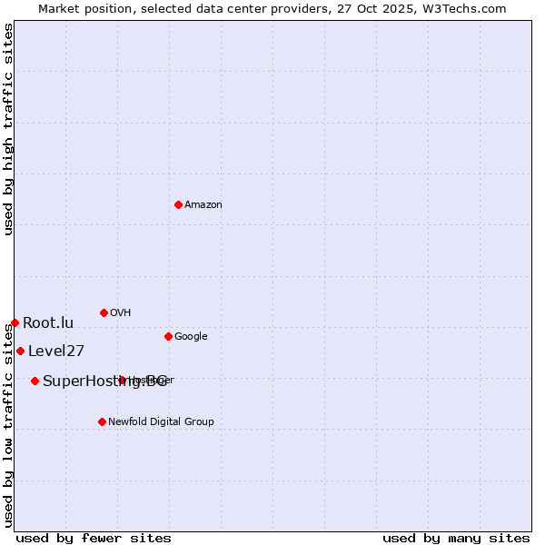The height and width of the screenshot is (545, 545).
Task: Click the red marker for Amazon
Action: tap(178, 204)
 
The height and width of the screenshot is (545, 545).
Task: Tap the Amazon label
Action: tap(203, 205)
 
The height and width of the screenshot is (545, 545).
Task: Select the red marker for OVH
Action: tap(104, 312)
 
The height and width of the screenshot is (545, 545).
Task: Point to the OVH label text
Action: tap(121, 313)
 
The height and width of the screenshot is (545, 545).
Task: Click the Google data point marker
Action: tap(168, 336)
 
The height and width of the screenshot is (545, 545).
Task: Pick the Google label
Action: tap(191, 337)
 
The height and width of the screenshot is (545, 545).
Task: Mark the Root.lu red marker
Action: tap(15, 322)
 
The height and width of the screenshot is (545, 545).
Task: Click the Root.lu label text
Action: tap(48, 323)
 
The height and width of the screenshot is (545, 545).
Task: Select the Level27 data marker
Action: tap(20, 351)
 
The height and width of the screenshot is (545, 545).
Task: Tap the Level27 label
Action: tap(56, 352)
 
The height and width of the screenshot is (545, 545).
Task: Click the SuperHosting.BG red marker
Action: tap(35, 381)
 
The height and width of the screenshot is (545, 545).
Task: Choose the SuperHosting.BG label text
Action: tap(104, 381)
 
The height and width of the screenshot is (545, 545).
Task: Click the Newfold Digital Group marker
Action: tap(102, 421)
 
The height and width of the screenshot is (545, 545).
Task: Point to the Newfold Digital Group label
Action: tap(161, 422)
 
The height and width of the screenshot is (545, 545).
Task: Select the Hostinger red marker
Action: tap(122, 380)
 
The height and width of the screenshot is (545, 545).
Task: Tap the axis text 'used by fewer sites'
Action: tap(94, 538)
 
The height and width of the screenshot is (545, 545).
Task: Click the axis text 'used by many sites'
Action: tap(456, 538)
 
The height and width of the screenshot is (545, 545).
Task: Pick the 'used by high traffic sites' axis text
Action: tap(8, 129)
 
